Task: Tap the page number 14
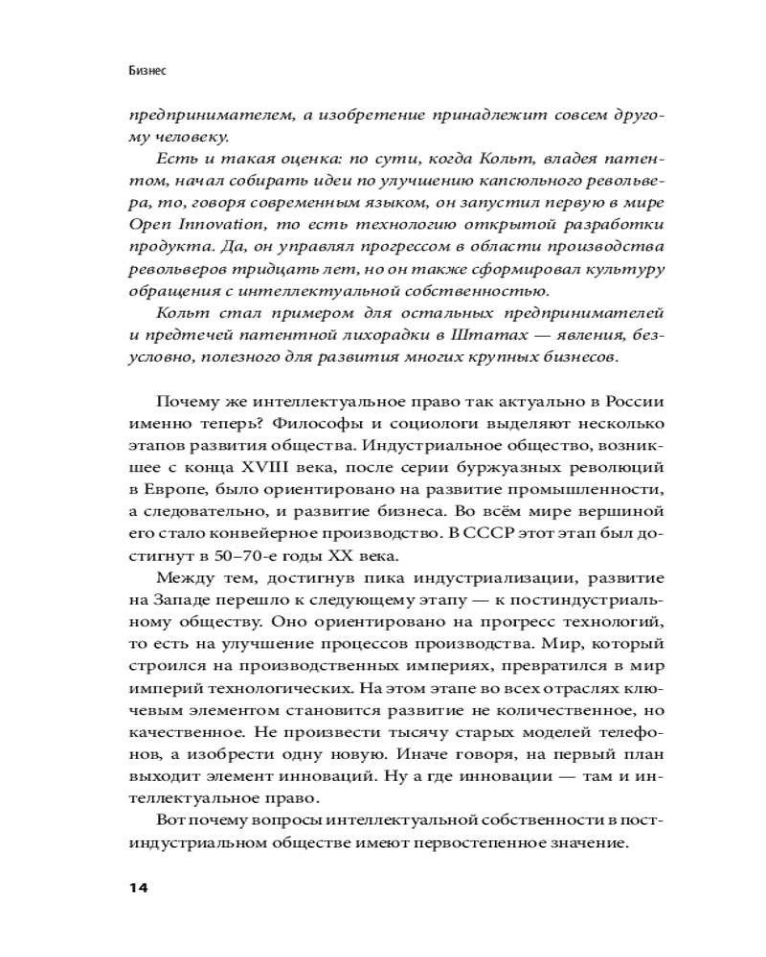coord(138,887)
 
